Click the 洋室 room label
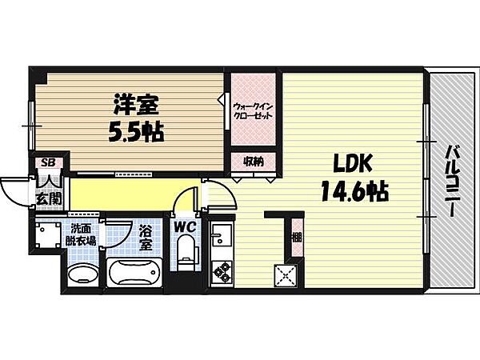tap(137, 104)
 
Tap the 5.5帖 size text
tap(136, 132)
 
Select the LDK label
tap(352, 164)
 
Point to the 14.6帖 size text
tap(354, 191)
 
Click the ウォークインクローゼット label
tap(253, 111)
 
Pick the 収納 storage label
tap(254, 162)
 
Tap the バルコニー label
tap(452, 181)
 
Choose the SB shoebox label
tap(48, 162)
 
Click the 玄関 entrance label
tap(49, 199)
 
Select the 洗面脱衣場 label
tap(81, 234)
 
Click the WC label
tap(185, 227)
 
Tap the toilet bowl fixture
tap(186, 251)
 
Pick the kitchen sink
tap(222, 234)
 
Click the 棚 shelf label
tap(296, 237)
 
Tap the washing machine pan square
tap(48, 234)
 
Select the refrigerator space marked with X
tap(286, 275)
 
